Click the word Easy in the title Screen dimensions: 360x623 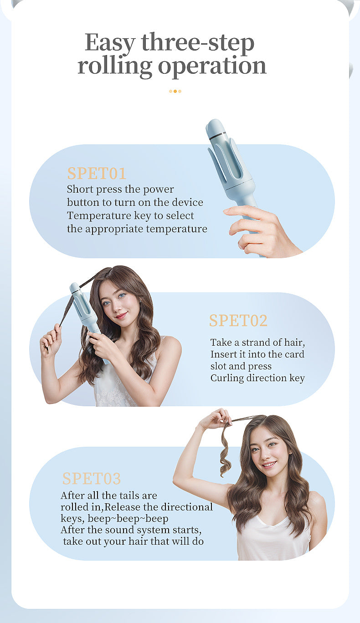pyautogui.click(x=110, y=43)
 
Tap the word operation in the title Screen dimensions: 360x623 pyautogui.click(x=212, y=67)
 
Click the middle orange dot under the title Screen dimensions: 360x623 pyautogui.click(x=175, y=91)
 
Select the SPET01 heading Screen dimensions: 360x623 pyautogui.click(x=97, y=173)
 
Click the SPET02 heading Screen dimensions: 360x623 pyautogui.click(x=238, y=321)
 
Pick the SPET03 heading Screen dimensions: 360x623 pyautogui.click(x=92, y=478)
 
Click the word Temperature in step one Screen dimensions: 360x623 pyautogui.click(x=99, y=216)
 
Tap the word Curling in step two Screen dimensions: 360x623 pyautogui.click(x=227, y=378)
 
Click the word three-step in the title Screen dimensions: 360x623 pyautogui.click(x=198, y=43)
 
